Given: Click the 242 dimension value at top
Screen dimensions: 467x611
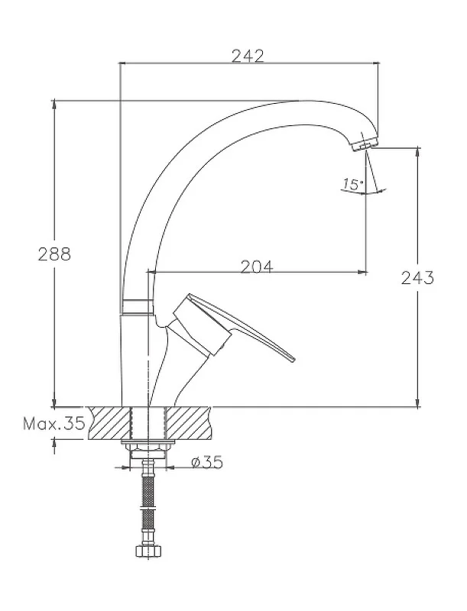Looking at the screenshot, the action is pos(248,56).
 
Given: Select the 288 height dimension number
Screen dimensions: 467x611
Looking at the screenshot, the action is pos(54,254).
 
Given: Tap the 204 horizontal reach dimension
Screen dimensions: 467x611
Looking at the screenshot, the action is pos(257,267).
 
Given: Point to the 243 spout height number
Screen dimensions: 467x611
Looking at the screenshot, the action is pos(417,278).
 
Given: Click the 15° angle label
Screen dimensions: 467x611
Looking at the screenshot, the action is pos(353,184).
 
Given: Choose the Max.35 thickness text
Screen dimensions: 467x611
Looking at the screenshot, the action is pos(54,423).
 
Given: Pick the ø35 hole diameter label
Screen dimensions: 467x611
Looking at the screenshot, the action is pos(207,462).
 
